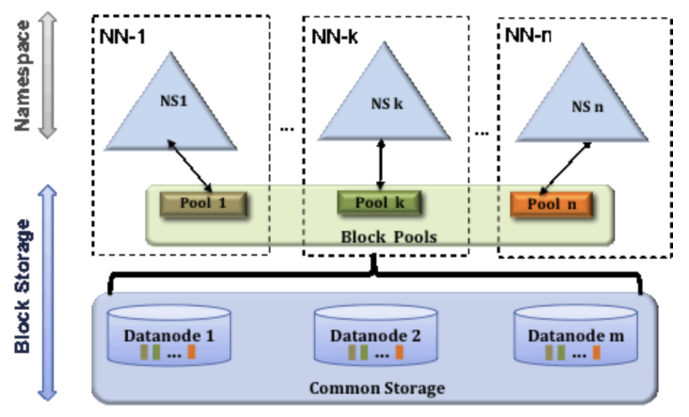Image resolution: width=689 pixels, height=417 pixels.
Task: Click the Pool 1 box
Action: [x=204, y=203]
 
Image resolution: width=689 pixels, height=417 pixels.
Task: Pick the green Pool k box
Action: [x=379, y=203]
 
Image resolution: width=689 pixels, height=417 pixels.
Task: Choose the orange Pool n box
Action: [x=551, y=204]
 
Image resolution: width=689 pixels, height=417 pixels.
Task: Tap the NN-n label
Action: [x=527, y=34]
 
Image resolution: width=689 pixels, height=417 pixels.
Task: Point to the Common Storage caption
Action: [x=376, y=388]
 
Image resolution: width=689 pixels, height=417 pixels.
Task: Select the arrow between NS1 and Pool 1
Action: [x=191, y=166]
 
